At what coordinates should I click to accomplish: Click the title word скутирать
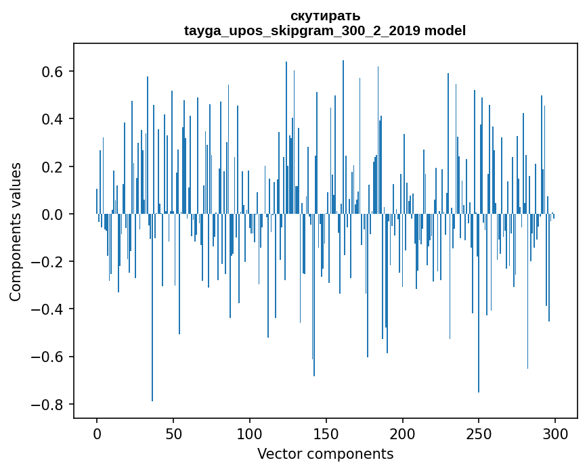coord(325,16)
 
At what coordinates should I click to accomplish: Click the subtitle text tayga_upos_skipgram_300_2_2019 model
coord(325,30)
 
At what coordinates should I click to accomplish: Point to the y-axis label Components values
coord(16,231)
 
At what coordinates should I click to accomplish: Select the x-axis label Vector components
coord(325,453)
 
